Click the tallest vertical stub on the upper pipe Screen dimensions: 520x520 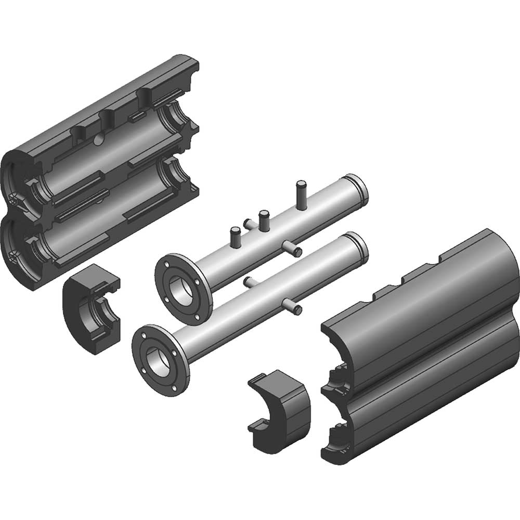301,193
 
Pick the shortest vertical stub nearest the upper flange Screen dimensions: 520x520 233,237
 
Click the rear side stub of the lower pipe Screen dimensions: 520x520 249,282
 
